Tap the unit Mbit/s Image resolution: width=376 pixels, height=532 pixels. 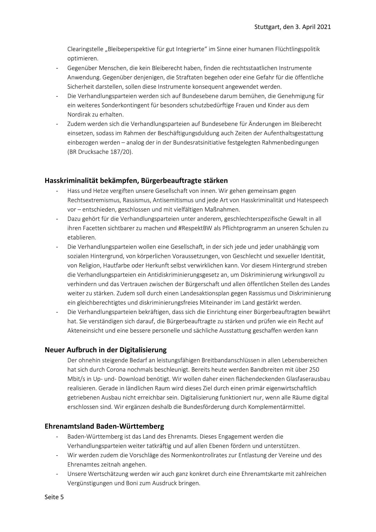click(x=76, y=379)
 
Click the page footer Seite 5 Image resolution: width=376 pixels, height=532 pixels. click(x=54, y=497)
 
